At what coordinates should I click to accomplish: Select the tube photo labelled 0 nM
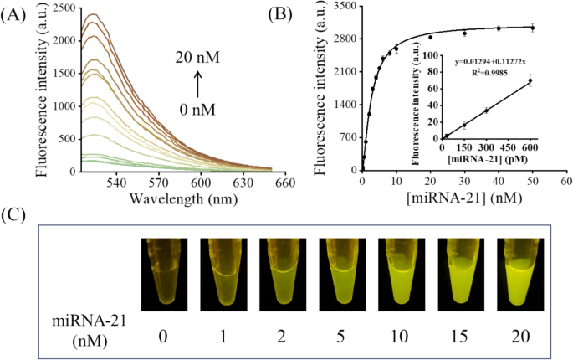tap(164, 275)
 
